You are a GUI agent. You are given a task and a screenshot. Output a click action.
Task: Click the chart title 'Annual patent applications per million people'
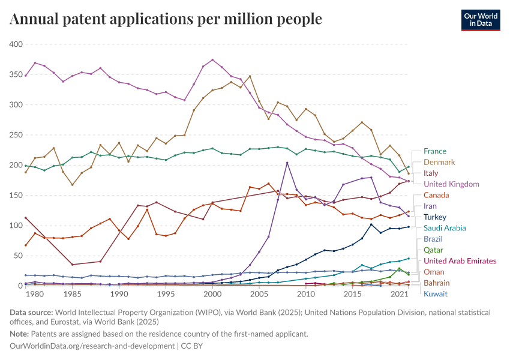pyautogui.click(x=166, y=19)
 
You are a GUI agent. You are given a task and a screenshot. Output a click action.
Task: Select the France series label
pyautogui.click(x=434, y=151)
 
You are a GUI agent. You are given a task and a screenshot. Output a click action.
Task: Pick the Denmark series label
pyautogui.click(x=439, y=162)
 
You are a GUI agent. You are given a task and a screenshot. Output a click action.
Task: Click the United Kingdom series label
pyautogui.click(x=451, y=184)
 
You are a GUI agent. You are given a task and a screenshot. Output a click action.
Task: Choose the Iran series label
pyautogui.click(x=430, y=206)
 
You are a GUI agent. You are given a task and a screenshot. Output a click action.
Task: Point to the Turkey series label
pyautogui.click(x=435, y=217)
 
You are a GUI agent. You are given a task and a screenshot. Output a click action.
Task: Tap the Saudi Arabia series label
pyautogui.click(x=445, y=228)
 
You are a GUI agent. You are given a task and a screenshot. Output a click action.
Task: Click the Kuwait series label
pyautogui.click(x=435, y=293)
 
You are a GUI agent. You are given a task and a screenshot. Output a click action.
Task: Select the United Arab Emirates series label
pyautogui.click(x=460, y=261)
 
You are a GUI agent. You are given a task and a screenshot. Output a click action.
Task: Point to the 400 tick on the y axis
pyautogui.click(x=16, y=44)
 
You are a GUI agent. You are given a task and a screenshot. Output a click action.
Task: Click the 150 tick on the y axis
pyautogui.click(x=16, y=196)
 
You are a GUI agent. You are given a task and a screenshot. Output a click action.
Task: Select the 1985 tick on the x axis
pyautogui.click(x=73, y=295)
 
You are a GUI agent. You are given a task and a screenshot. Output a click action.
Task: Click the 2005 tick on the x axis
pyautogui.click(x=259, y=295)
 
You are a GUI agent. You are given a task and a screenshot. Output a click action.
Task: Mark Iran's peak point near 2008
pyautogui.click(x=287, y=163)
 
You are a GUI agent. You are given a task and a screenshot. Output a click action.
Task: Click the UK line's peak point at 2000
pyautogui.click(x=212, y=60)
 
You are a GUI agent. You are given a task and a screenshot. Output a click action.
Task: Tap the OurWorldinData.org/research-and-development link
pyautogui.click(x=92, y=346)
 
